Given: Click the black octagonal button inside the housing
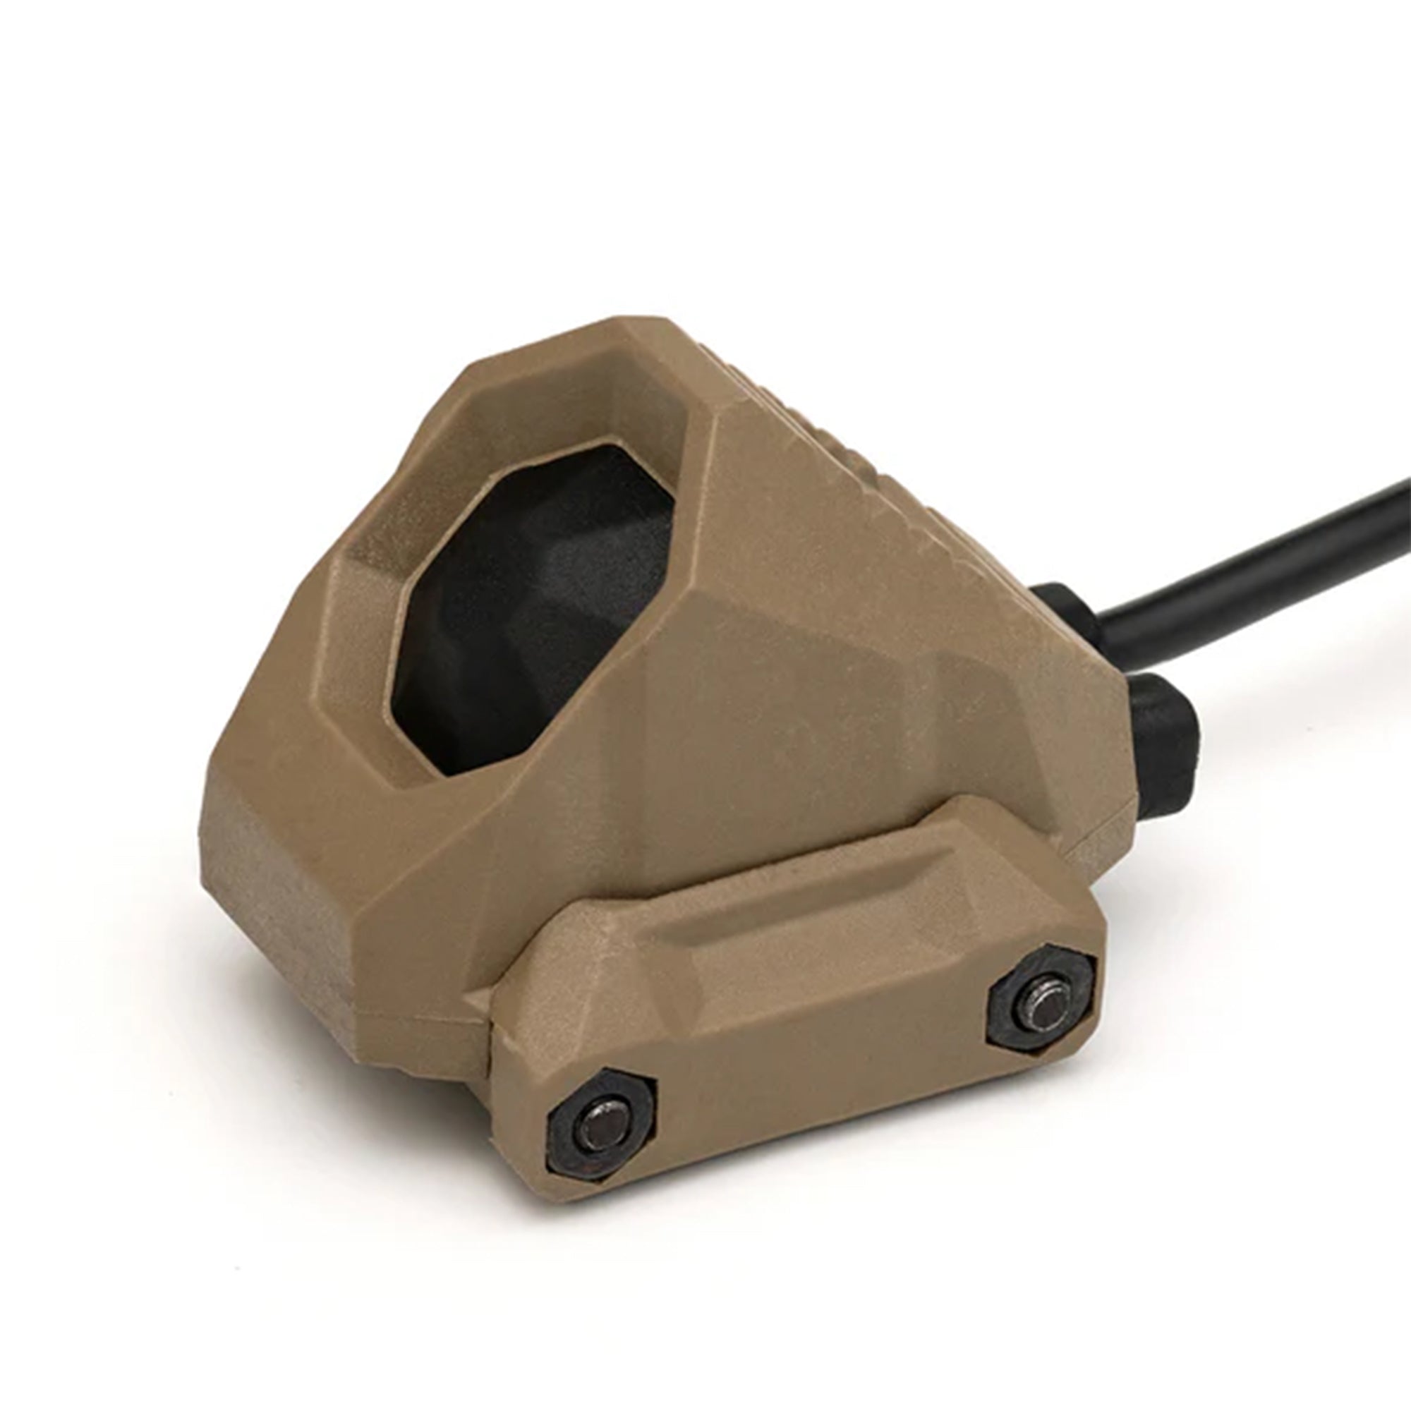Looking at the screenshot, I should tap(533, 599).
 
